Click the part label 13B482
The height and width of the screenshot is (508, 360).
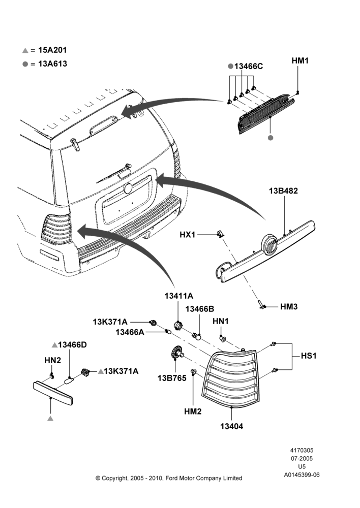tap(283, 191)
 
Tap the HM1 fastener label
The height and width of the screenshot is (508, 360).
tap(300, 60)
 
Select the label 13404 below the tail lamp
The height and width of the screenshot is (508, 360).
tap(231, 426)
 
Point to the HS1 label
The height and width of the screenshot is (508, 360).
tap(309, 356)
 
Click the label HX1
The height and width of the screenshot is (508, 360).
tap(188, 234)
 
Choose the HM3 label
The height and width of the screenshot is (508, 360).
tap(289, 306)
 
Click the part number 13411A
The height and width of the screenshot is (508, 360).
tap(178, 296)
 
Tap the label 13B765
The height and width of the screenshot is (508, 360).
tap(172, 378)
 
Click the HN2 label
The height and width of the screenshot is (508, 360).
tap(52, 360)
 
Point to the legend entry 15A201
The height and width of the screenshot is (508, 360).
tap(52, 50)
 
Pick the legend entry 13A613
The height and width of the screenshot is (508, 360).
tap(52, 63)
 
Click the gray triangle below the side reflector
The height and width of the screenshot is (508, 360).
tap(50, 418)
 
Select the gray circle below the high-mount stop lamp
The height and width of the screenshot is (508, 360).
tap(271, 138)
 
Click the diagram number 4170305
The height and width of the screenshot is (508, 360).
tap(302, 450)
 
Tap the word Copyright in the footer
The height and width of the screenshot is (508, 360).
tap(114, 478)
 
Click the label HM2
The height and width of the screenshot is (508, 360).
tap(193, 411)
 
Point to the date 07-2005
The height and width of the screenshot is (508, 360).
tap(302, 458)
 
